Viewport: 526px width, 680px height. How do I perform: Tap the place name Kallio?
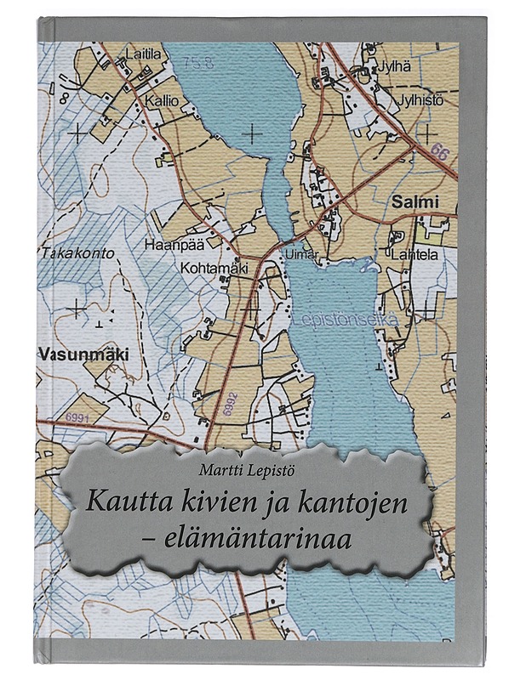162,99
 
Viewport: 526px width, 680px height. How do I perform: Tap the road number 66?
438,153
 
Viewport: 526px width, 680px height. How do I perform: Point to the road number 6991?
77,416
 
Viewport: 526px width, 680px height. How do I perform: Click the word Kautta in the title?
122,501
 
